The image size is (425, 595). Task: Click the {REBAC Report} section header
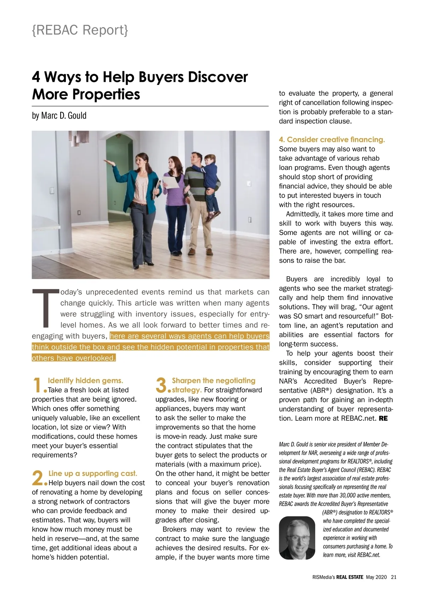point(80,30)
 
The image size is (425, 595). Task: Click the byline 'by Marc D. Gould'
point(59,115)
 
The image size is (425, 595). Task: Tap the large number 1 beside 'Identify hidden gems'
point(38,385)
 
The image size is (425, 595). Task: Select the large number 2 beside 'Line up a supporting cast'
point(38,478)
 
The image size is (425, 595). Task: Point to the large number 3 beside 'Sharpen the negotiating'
point(161,385)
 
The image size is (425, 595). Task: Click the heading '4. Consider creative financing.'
point(332,140)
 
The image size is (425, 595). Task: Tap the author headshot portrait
point(297,538)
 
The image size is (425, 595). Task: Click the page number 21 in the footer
point(393,577)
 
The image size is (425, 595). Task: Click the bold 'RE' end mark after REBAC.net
point(383,418)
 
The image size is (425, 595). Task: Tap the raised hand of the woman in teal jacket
point(109,163)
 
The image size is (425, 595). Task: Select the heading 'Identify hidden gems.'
point(85,381)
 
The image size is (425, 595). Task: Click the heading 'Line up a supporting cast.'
point(92,474)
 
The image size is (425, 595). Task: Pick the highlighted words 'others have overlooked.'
point(74,358)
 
